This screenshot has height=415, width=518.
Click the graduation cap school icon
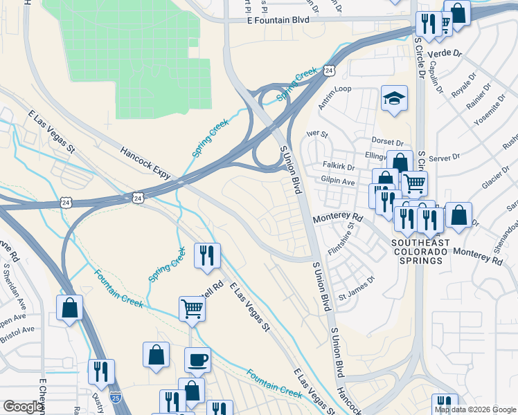point(394,98)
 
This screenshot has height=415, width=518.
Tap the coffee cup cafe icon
point(197,360)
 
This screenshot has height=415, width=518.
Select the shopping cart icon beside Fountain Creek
point(192,308)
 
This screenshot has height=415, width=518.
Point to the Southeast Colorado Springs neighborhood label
point(420,252)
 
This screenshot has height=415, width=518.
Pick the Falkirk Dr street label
point(339,167)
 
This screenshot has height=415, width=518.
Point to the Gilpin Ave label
point(339,181)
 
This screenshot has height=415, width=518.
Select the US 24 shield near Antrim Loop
point(330,71)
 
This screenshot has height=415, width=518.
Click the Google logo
point(23,407)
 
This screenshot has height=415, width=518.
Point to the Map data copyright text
point(475,409)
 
